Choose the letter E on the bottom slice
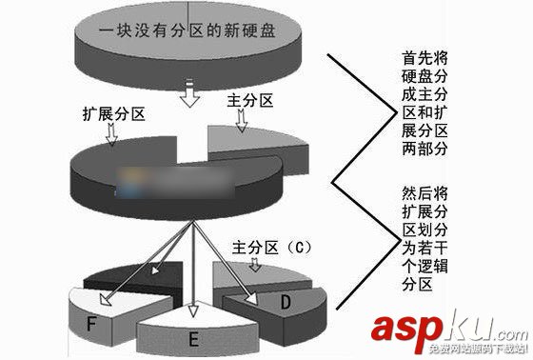click(195, 337)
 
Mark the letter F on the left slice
click(91, 323)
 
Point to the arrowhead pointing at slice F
click(105, 308)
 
